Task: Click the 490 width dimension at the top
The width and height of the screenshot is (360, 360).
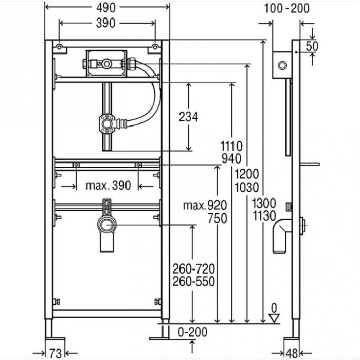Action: [107, 8]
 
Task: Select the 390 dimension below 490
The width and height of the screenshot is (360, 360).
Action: [107, 23]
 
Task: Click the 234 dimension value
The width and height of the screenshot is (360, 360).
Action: [188, 117]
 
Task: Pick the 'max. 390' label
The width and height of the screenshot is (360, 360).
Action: [108, 185]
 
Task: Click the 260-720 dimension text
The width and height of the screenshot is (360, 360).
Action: [194, 268]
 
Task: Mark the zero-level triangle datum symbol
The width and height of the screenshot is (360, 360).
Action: [274, 318]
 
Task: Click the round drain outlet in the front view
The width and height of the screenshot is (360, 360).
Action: [106, 225]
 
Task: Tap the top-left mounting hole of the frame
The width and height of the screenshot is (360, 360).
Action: [60, 48]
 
